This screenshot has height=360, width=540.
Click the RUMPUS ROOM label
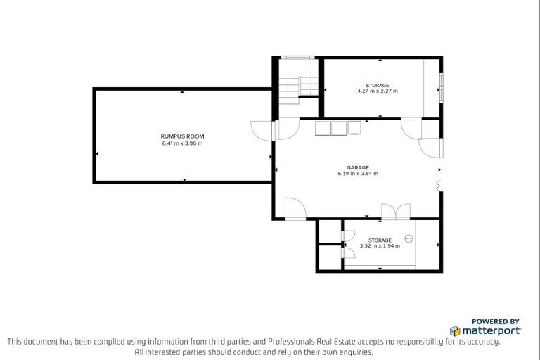point(182,136)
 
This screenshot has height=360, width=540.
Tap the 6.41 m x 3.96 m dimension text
point(182,143)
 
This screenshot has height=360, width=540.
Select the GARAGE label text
point(357,167)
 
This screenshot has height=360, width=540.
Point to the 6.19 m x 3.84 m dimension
point(357,174)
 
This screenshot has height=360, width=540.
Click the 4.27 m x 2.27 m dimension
point(377,91)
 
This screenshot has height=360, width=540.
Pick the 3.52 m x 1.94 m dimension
point(380,246)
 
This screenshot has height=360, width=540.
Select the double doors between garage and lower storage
point(394,212)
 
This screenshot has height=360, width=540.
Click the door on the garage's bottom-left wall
point(295,209)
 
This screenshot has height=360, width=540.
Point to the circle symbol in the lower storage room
point(409,239)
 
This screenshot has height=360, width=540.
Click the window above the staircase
point(295,57)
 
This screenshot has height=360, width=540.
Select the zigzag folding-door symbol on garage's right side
point(439,185)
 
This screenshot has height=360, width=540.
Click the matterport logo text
point(490,330)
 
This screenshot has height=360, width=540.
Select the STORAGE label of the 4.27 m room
point(377,85)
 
